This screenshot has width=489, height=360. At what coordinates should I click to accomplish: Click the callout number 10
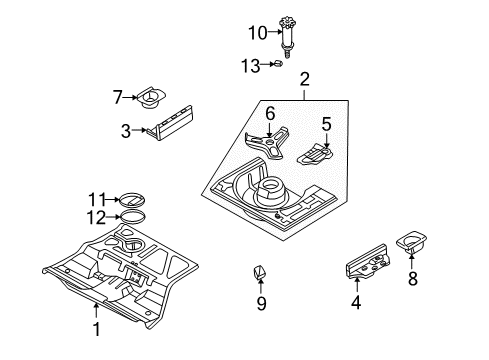[258, 33]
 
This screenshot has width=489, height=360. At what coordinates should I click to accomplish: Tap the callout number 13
[251, 66]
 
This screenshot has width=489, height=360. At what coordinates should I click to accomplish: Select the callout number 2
[304, 79]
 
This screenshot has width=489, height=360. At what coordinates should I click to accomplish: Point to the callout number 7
[118, 97]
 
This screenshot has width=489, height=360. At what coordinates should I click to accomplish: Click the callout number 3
[126, 131]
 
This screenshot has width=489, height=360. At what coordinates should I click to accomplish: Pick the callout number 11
[97, 200]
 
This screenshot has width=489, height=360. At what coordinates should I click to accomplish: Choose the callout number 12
[96, 218]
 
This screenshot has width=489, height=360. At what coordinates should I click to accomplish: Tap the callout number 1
[96, 329]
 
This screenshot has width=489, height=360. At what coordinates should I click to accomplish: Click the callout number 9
[261, 304]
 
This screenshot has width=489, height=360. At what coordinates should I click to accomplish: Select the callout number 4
[356, 303]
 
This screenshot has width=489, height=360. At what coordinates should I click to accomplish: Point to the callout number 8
[413, 278]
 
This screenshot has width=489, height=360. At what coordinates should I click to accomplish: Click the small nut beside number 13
[278, 63]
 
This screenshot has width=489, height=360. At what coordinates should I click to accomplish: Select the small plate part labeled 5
[315, 155]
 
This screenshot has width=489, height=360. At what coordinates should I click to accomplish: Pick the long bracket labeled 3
[170, 123]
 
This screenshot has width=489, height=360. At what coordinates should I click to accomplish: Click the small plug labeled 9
[261, 271]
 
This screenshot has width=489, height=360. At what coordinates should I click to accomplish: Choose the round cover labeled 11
[132, 200]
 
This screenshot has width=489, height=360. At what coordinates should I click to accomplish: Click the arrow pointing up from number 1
[96, 311]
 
